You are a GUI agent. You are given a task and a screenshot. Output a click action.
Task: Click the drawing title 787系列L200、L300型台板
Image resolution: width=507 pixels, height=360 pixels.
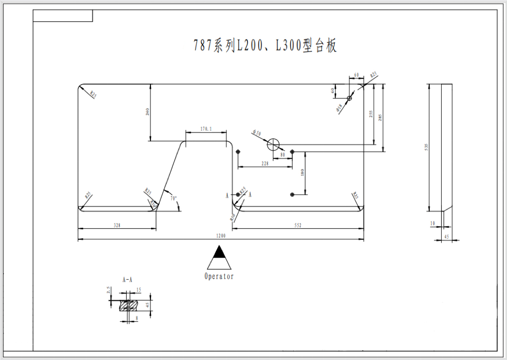(x=265, y=46)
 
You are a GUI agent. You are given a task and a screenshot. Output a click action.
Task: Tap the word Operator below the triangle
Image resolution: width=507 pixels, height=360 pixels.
(x=219, y=276)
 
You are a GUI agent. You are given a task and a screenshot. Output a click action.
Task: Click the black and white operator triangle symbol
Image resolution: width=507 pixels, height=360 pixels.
(x=219, y=258)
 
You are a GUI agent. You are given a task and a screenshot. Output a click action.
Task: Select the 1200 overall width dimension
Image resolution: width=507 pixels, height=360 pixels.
(x=221, y=236)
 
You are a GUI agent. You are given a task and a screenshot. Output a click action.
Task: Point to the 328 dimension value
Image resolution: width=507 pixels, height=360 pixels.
(x=117, y=225)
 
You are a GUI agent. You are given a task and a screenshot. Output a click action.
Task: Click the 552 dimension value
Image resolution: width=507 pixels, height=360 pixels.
(x=298, y=225)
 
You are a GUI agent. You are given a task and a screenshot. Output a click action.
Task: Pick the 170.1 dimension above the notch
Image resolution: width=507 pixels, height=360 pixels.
(x=206, y=129)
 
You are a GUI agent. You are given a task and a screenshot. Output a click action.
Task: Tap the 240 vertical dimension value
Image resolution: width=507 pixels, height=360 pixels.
(x=147, y=112)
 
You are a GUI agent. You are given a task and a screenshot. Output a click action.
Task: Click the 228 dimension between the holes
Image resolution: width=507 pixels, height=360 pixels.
(x=265, y=163)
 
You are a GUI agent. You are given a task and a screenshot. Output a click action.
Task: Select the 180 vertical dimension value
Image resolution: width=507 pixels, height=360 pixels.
(x=302, y=173)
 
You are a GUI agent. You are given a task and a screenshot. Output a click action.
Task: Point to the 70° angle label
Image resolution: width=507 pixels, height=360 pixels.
(x=173, y=198)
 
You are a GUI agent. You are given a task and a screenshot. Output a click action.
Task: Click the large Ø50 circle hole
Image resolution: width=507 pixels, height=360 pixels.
(x=273, y=145)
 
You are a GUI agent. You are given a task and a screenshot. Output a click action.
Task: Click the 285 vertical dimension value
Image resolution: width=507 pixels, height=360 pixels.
(x=380, y=117)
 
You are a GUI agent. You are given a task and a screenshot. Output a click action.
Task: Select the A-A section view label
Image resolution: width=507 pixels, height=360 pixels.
(x=127, y=280)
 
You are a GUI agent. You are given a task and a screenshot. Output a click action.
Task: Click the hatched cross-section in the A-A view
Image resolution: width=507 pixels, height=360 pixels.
(x=129, y=306)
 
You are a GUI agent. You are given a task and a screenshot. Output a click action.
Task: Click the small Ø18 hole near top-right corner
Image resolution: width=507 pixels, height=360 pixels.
(x=349, y=98)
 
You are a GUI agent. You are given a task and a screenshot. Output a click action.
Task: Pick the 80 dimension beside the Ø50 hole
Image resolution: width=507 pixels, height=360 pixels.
(x=283, y=155)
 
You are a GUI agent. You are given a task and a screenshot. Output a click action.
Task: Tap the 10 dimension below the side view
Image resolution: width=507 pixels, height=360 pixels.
(x=432, y=223)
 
